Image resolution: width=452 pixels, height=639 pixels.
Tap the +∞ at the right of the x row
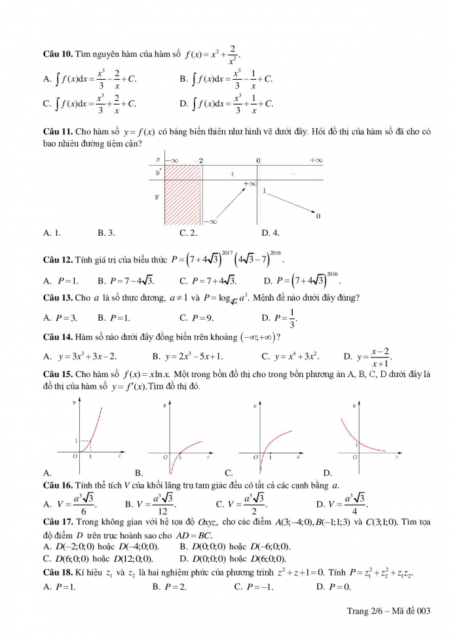pos(316,160)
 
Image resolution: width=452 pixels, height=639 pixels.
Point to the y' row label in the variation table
pos(158,172)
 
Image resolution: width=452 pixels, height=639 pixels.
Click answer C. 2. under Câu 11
pos(189,232)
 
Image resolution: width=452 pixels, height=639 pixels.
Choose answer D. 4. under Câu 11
pos(271,232)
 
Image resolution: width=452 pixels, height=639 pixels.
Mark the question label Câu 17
pos(57,522)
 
